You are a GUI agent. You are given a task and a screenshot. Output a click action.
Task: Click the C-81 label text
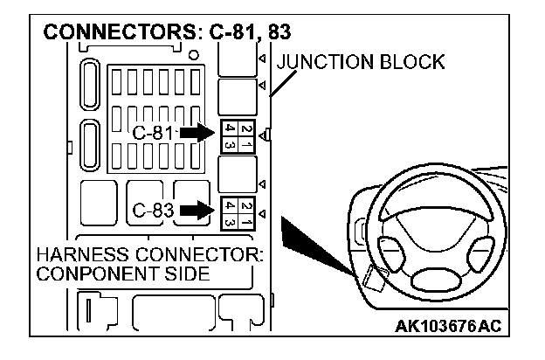point(155,134)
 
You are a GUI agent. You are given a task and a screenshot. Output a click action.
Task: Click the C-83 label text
point(155,211)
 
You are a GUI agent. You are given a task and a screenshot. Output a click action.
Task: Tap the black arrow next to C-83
point(197,211)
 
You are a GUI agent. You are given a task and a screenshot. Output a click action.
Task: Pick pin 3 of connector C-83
point(229,219)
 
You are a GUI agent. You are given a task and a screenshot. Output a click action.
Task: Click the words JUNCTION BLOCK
point(360,63)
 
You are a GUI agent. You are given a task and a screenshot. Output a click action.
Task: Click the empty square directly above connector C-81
point(237,93)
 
